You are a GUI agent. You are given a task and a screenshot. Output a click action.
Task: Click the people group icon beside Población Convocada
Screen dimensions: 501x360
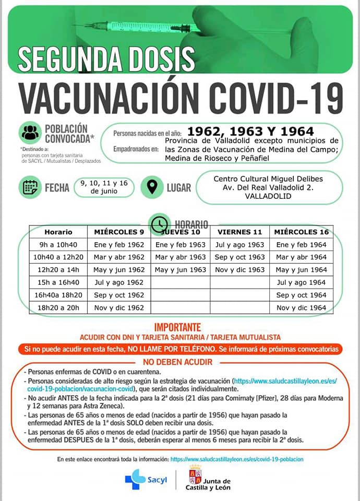(30, 132)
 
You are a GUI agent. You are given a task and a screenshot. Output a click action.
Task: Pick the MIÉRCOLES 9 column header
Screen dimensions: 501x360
(119, 232)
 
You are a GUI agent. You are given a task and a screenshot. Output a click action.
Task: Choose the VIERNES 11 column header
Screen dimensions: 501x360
(239, 232)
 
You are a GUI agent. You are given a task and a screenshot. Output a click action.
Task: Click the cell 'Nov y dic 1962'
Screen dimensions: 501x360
(119, 307)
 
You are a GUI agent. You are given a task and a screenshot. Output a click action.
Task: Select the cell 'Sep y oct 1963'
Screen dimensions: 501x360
(239, 257)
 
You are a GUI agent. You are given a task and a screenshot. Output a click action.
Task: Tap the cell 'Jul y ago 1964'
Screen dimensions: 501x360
(301, 282)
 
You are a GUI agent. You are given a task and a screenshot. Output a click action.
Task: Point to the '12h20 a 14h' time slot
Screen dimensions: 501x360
(58, 270)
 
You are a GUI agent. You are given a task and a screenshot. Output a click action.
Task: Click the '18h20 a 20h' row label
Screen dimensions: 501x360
(58, 307)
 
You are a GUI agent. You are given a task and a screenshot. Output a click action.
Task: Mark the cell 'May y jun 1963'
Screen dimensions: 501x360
(181, 270)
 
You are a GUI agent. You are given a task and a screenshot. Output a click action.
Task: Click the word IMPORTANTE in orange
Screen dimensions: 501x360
(177, 327)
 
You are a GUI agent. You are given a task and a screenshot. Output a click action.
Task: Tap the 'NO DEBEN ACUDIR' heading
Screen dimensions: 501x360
(178, 362)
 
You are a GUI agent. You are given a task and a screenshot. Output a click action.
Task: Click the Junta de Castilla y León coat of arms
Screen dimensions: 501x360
(195, 474)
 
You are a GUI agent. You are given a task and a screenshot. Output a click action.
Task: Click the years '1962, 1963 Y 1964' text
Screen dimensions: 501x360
(250, 132)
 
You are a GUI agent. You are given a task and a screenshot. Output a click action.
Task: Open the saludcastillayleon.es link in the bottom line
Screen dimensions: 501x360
(237, 459)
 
